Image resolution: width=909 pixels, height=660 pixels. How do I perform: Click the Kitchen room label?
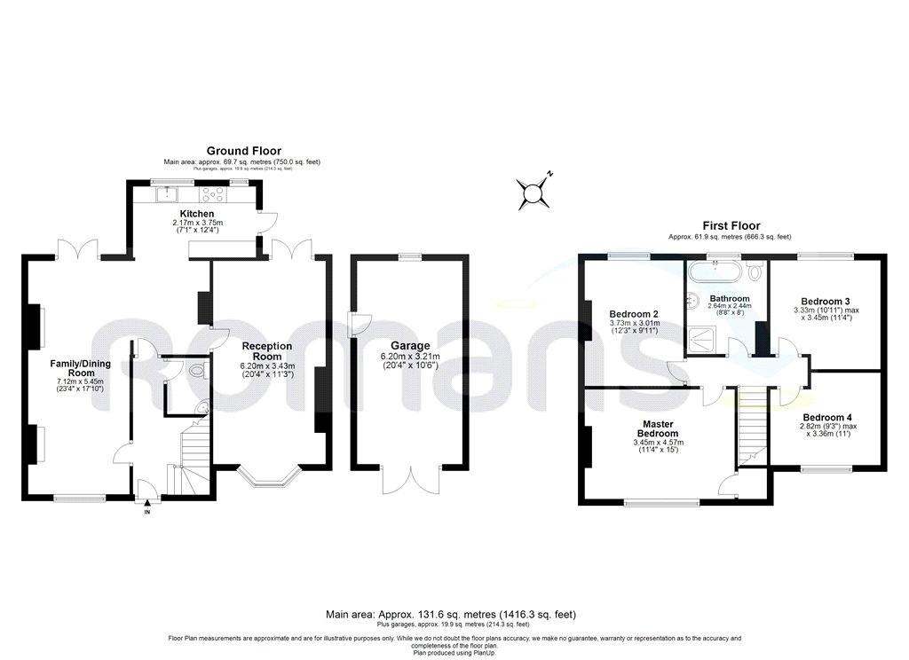tap(197, 214)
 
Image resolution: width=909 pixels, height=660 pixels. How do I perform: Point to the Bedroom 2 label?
tap(633, 314)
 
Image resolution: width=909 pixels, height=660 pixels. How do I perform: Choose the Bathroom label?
tap(729, 298)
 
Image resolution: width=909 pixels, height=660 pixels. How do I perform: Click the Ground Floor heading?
tap(241, 152)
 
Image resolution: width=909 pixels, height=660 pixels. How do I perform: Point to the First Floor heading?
tap(730, 226)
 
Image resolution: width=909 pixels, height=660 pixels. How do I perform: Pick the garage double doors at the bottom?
tap(409, 479)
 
